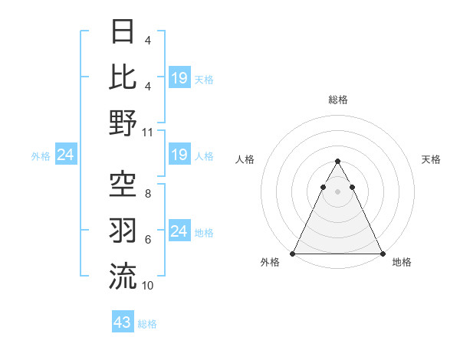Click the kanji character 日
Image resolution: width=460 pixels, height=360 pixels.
(x=123, y=32)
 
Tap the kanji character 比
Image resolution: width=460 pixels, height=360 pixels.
(x=123, y=77)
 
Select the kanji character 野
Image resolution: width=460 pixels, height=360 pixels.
(x=123, y=123)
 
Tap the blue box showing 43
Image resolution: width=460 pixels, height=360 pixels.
(x=123, y=322)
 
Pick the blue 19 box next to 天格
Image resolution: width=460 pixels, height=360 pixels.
(x=179, y=77)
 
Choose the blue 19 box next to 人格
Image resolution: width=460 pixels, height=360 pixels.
(x=179, y=155)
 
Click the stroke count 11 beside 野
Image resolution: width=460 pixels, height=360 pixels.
(x=148, y=132)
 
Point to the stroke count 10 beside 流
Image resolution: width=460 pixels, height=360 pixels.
(x=148, y=285)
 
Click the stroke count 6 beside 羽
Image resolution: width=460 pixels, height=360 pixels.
(x=147, y=239)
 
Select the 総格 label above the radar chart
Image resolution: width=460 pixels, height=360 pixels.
(x=337, y=100)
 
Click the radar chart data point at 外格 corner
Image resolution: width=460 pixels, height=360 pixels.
(x=293, y=254)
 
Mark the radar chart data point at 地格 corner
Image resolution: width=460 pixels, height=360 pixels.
(x=382, y=254)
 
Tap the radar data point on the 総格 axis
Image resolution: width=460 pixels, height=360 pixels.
(x=337, y=162)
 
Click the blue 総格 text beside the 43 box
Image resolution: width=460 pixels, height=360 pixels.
(x=147, y=324)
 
